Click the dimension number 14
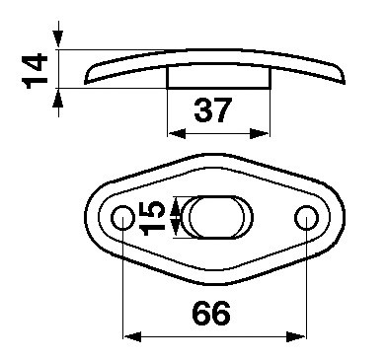(35, 71)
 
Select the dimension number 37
(213, 110)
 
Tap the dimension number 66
(211, 314)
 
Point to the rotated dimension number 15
(152, 218)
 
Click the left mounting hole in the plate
(122, 218)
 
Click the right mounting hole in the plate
(306, 218)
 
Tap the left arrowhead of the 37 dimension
(177, 134)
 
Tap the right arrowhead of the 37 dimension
(260, 134)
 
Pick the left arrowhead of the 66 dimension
(132, 337)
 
